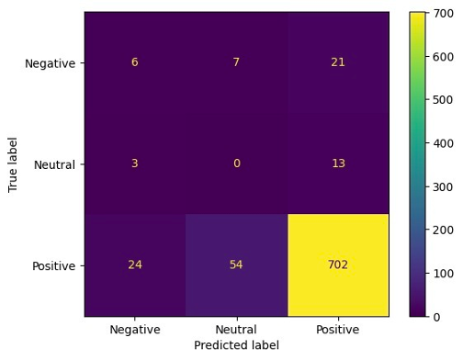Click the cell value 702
click(x=337, y=265)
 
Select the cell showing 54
click(x=236, y=265)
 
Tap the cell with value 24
click(x=135, y=265)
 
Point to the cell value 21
click(x=337, y=62)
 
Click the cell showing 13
click(x=337, y=164)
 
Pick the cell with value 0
click(x=236, y=164)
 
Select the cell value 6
click(x=135, y=62)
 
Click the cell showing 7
click(x=236, y=62)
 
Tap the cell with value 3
click(x=135, y=164)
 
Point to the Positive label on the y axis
click(x=52, y=265)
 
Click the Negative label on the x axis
click(x=135, y=330)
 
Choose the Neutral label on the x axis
click(x=236, y=330)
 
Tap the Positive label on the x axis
click(x=337, y=330)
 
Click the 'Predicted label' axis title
click(x=236, y=346)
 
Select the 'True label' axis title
click(x=13, y=164)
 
